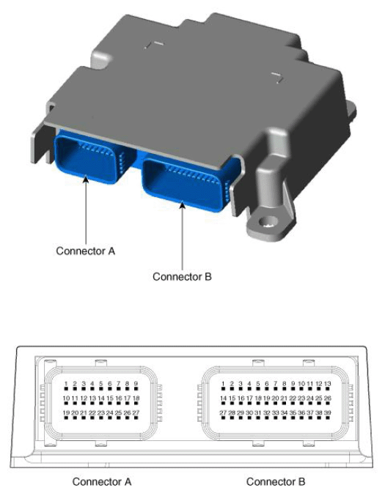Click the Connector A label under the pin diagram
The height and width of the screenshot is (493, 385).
point(101,481)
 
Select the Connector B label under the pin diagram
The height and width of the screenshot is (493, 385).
point(276,481)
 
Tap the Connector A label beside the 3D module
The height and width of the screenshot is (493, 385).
point(86,251)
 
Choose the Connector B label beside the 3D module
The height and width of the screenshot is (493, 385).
point(182,277)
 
